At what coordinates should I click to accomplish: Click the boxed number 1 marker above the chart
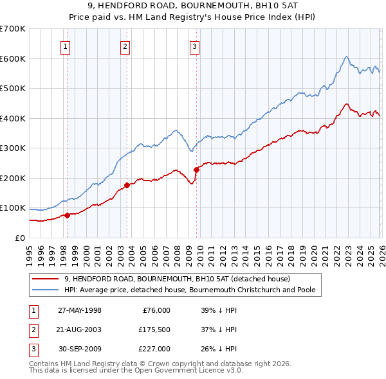pyautogui.click(x=66, y=46)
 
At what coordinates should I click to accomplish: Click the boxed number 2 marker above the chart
pyautogui.click(x=125, y=46)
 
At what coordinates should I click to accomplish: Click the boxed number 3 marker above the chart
pyautogui.click(x=194, y=46)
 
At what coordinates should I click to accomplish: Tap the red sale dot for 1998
pyautogui.click(x=67, y=215)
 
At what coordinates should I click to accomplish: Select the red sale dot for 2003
pyautogui.click(x=127, y=185)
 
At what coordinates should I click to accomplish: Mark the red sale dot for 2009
pyautogui.click(x=196, y=170)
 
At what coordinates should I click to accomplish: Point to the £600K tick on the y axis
pyautogui.click(x=14, y=58)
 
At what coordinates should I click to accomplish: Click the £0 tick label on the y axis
pyautogui.click(x=21, y=238)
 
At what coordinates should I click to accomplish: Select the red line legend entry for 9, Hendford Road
pyautogui.click(x=177, y=279)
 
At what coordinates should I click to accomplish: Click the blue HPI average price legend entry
pyautogui.click(x=189, y=290)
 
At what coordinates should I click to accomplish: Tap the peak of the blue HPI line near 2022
pyautogui.click(x=346, y=57)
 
